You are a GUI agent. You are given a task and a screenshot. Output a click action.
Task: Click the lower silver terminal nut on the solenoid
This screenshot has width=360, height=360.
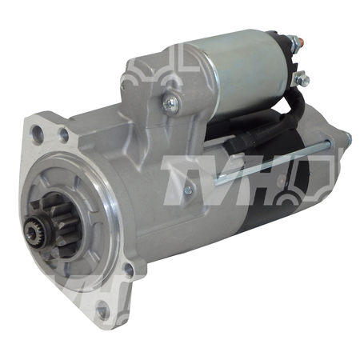click(x=302, y=78)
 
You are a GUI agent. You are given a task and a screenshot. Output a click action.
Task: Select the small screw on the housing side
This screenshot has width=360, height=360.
click(x=188, y=189)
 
